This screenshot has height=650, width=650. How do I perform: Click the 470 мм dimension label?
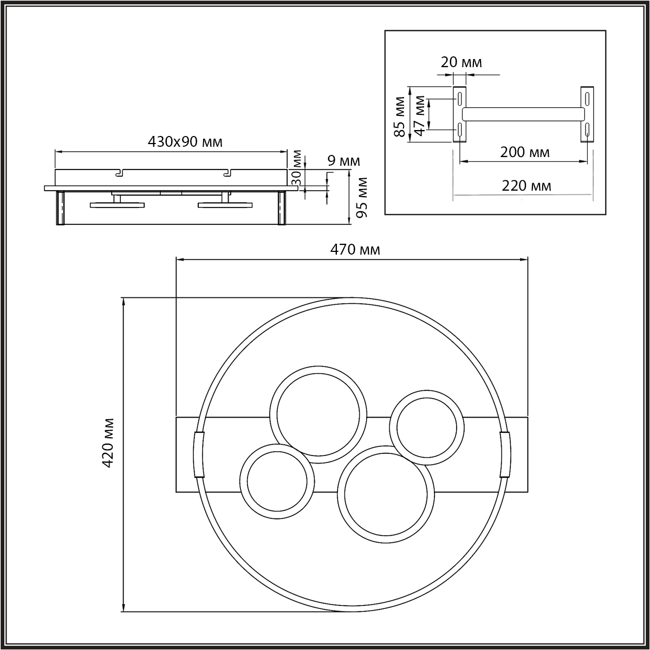[355, 250]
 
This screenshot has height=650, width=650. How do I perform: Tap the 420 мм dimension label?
[108, 443]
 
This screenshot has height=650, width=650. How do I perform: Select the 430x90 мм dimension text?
[185, 142]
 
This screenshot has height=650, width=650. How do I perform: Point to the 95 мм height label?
[362, 198]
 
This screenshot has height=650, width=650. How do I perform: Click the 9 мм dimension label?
[344, 161]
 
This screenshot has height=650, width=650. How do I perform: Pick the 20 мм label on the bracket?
[461, 62]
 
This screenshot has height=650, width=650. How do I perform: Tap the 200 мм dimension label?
[525, 152]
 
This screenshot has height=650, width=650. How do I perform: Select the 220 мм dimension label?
[526, 186]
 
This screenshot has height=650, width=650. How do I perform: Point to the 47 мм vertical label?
[420, 115]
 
